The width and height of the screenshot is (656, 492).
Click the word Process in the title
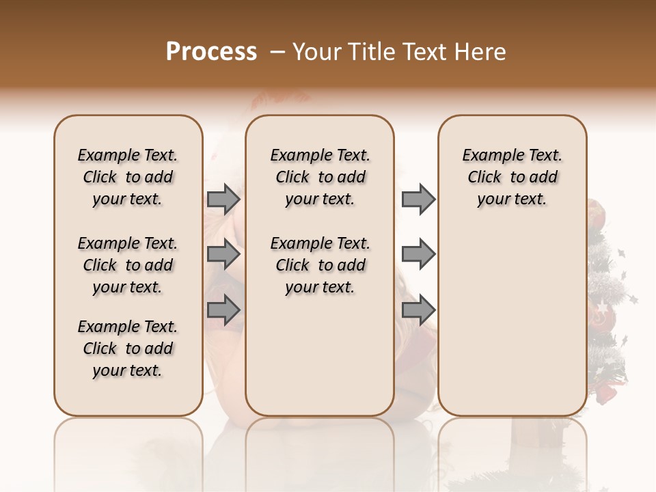(x=211, y=52)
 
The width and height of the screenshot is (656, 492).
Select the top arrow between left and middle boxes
(x=223, y=199)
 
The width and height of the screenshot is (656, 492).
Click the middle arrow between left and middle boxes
(x=223, y=255)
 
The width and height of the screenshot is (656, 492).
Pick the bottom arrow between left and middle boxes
(x=223, y=310)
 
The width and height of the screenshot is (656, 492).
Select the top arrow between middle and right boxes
(x=418, y=199)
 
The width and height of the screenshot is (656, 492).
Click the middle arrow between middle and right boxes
(x=418, y=255)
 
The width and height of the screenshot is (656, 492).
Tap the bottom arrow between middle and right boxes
(x=418, y=310)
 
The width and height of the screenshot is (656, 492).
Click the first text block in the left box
(x=128, y=177)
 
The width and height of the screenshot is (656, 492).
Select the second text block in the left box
(x=128, y=265)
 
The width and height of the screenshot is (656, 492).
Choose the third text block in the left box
(x=128, y=348)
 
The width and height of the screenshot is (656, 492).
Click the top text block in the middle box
(x=320, y=177)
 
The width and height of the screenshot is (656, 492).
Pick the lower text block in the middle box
(x=320, y=265)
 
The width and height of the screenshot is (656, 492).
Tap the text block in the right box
(x=512, y=177)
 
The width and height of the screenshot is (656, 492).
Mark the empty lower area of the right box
(x=512, y=314)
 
